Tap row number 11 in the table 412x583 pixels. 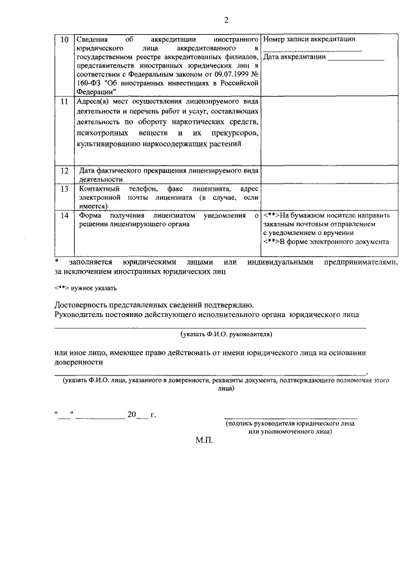pos(64,102)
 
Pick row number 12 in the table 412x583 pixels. pos(64,171)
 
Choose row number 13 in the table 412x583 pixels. pos(64,189)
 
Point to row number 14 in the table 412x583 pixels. pos(64,215)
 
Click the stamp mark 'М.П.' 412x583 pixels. pos(204,441)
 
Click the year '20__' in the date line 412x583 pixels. pos(138,415)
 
